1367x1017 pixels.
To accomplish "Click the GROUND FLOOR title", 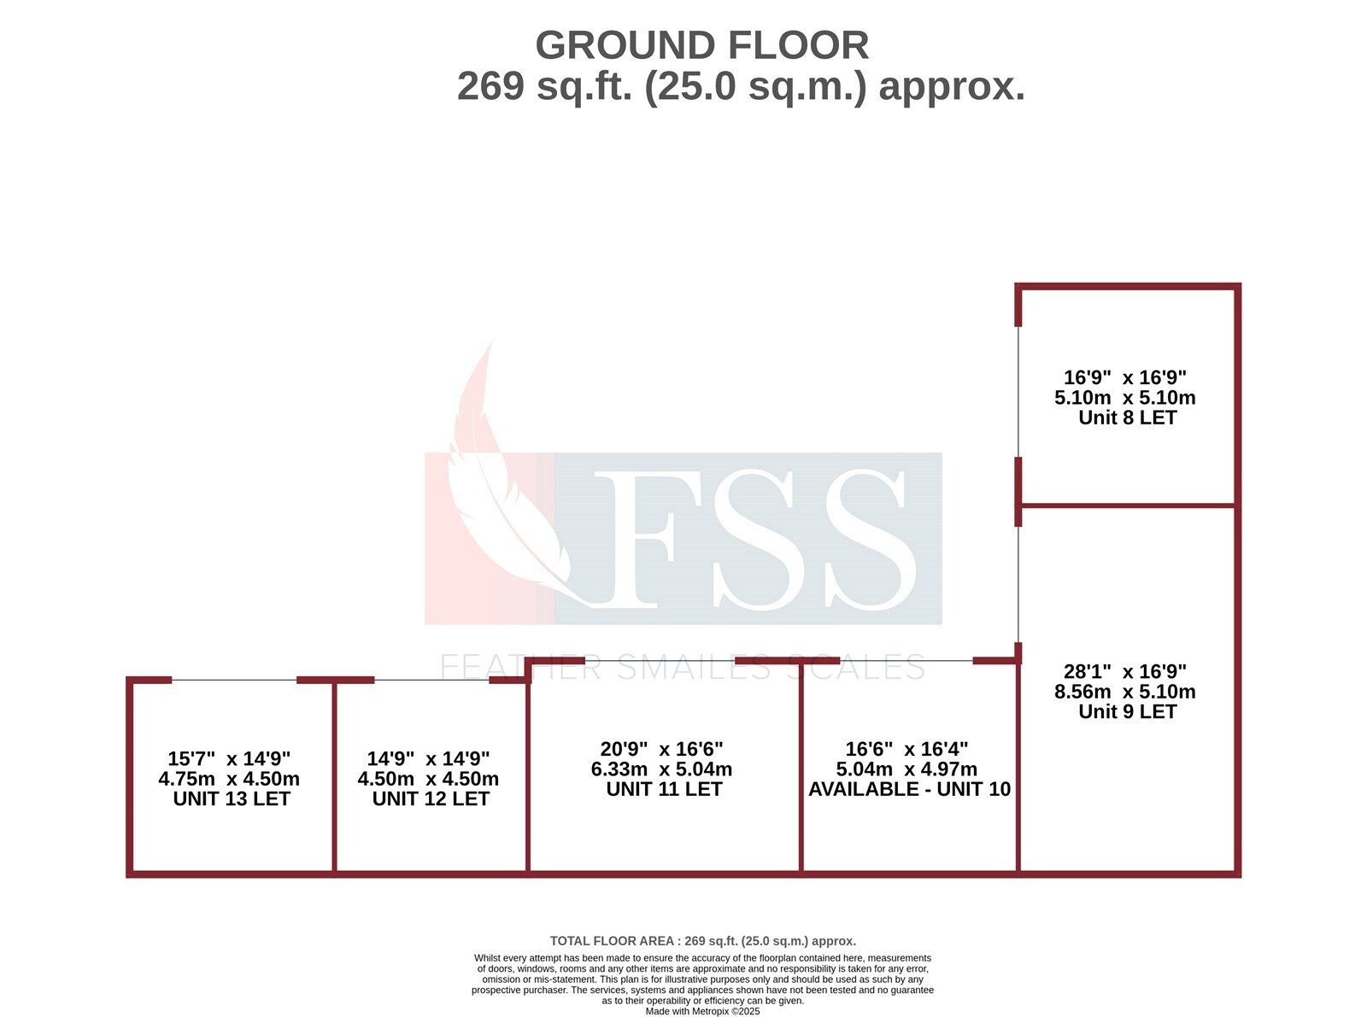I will pyautogui.click(x=701, y=45).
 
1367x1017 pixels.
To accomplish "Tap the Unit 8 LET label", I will pyautogui.click(x=1127, y=418).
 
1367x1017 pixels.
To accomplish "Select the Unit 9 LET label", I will pyautogui.click(x=1127, y=711).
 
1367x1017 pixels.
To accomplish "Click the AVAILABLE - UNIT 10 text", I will pyautogui.click(x=909, y=789).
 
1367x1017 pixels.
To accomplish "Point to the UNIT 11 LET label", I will pyautogui.click(x=664, y=789).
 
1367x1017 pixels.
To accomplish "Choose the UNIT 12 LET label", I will pyautogui.click(x=431, y=798).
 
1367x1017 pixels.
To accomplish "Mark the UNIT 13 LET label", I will pyautogui.click(x=232, y=798).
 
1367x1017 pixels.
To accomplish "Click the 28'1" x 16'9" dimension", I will pyautogui.click(x=1125, y=672).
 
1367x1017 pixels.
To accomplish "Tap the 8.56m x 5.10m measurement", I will pyautogui.click(x=1125, y=692).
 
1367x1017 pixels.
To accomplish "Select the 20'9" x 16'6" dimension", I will pyautogui.click(x=662, y=749).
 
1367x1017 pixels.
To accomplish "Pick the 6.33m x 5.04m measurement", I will pyautogui.click(x=662, y=769).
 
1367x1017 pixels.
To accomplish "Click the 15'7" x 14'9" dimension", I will pyautogui.click(x=229, y=758).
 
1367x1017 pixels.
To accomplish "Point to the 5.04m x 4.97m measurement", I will pyautogui.click(x=906, y=769).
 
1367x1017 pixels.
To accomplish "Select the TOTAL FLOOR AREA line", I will pyautogui.click(x=702, y=941).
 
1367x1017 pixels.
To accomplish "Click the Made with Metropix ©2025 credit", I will pyautogui.click(x=702, y=1011).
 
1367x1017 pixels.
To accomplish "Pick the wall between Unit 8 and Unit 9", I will pyautogui.click(x=1128, y=506).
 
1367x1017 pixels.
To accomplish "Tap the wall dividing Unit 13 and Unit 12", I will pyautogui.click(x=334, y=777).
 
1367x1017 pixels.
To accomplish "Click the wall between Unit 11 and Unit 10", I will pyautogui.click(x=801, y=769).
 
